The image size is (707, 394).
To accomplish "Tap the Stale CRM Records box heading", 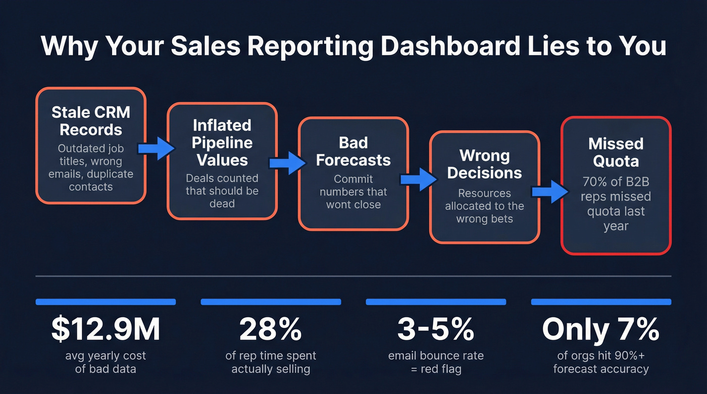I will click(91, 121).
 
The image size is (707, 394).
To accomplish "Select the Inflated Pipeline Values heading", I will click(222, 143).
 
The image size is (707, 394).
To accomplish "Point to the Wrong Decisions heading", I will click(484, 163).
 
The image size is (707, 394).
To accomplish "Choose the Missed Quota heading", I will click(616, 152).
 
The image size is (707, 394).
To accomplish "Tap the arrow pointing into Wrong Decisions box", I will click(418, 179).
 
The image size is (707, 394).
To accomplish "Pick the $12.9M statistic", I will click(106, 329).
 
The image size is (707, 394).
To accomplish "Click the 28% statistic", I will click(271, 329).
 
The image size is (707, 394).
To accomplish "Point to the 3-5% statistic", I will click(435, 329).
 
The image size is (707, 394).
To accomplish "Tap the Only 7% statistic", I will click(600, 329).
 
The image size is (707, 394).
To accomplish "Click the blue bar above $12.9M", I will click(106, 302).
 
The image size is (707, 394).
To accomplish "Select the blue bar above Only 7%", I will click(601, 302).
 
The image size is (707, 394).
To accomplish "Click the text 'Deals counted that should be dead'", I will click(222, 191).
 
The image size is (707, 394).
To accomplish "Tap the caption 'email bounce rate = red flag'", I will click(435, 362).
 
